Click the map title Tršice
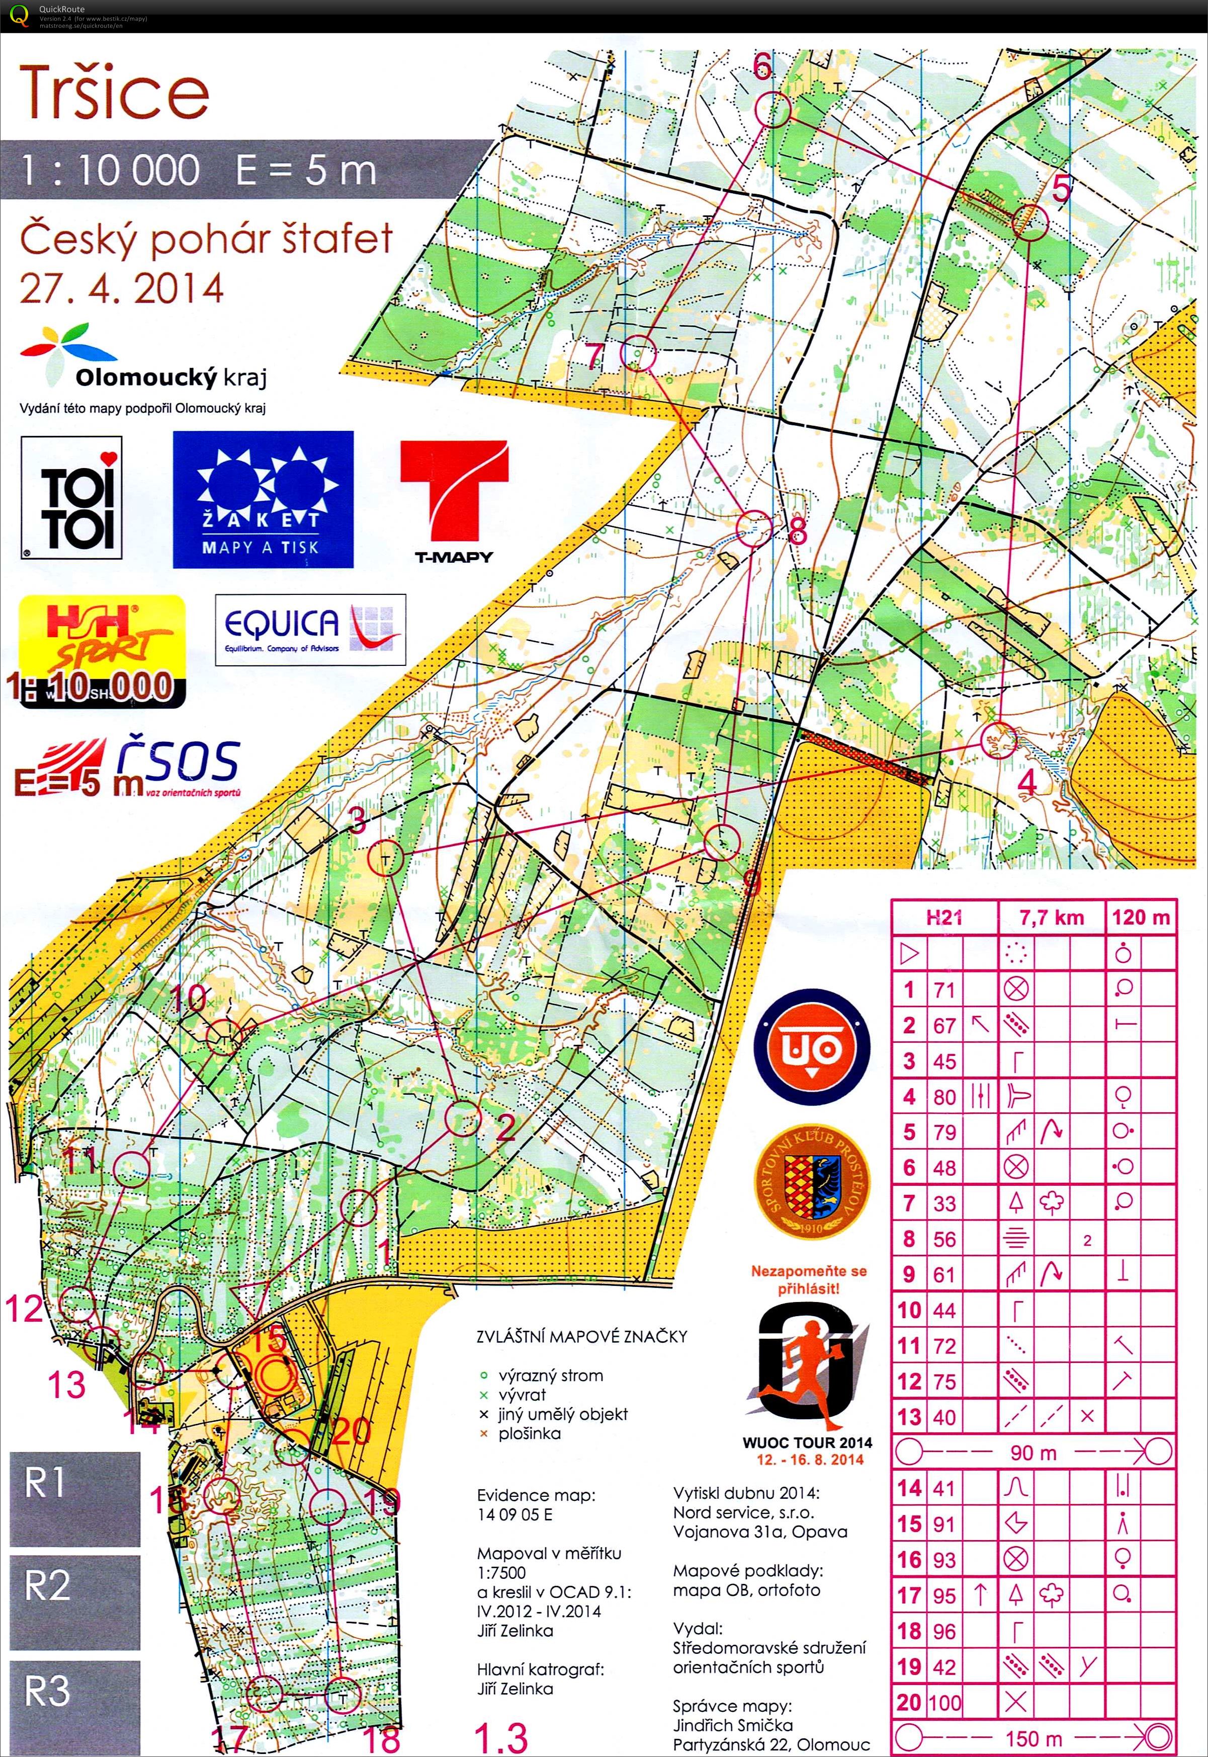point(114,93)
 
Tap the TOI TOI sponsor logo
point(72,498)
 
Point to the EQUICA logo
point(310,629)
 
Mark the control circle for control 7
point(637,352)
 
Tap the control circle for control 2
point(463,1119)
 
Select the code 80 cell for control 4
point(944,1097)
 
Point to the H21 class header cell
point(944,918)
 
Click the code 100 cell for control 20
point(944,1703)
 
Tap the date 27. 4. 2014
point(121,288)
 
